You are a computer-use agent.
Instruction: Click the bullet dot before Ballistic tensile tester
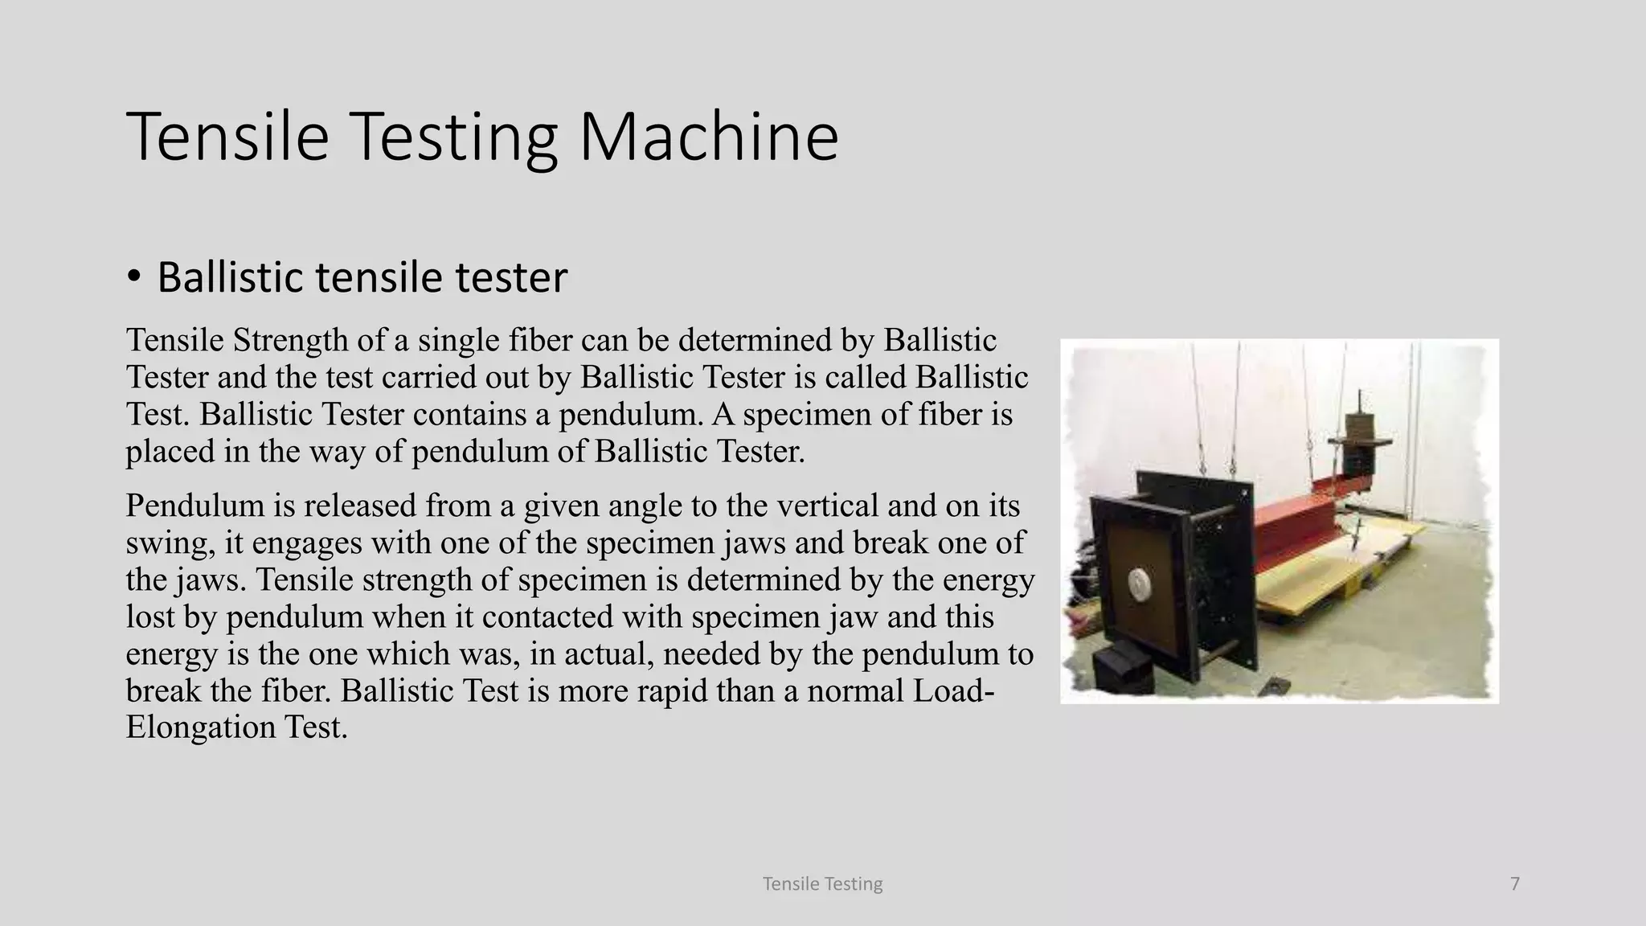click(134, 277)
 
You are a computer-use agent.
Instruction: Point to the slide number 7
click(1515, 884)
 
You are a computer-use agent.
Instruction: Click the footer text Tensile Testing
click(822, 884)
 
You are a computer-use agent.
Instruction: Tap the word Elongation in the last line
click(201, 727)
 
